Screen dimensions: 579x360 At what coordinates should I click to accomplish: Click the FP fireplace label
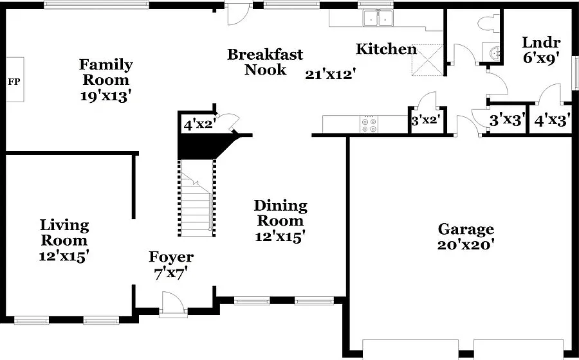(14, 82)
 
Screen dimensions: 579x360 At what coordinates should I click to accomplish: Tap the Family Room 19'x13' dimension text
(106, 96)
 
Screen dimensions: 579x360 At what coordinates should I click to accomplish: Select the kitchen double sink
(378, 18)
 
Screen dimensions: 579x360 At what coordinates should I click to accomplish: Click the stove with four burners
(370, 124)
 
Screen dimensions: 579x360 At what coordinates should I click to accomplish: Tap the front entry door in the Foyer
(173, 304)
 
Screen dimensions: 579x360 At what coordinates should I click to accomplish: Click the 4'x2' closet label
(199, 125)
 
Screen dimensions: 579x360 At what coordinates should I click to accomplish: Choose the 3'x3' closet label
(507, 120)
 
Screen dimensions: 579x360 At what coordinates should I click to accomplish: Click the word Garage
(466, 229)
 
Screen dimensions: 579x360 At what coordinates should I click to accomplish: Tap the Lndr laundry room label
(541, 42)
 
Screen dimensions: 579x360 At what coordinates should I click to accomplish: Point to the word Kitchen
(386, 49)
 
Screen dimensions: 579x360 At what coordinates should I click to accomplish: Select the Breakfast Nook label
(265, 62)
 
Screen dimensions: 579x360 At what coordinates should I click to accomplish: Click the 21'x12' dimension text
(330, 75)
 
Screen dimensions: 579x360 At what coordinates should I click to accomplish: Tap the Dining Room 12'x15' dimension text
(280, 236)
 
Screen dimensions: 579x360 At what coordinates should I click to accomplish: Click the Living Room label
(64, 232)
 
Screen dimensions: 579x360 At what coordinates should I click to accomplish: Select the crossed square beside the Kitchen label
(427, 60)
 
